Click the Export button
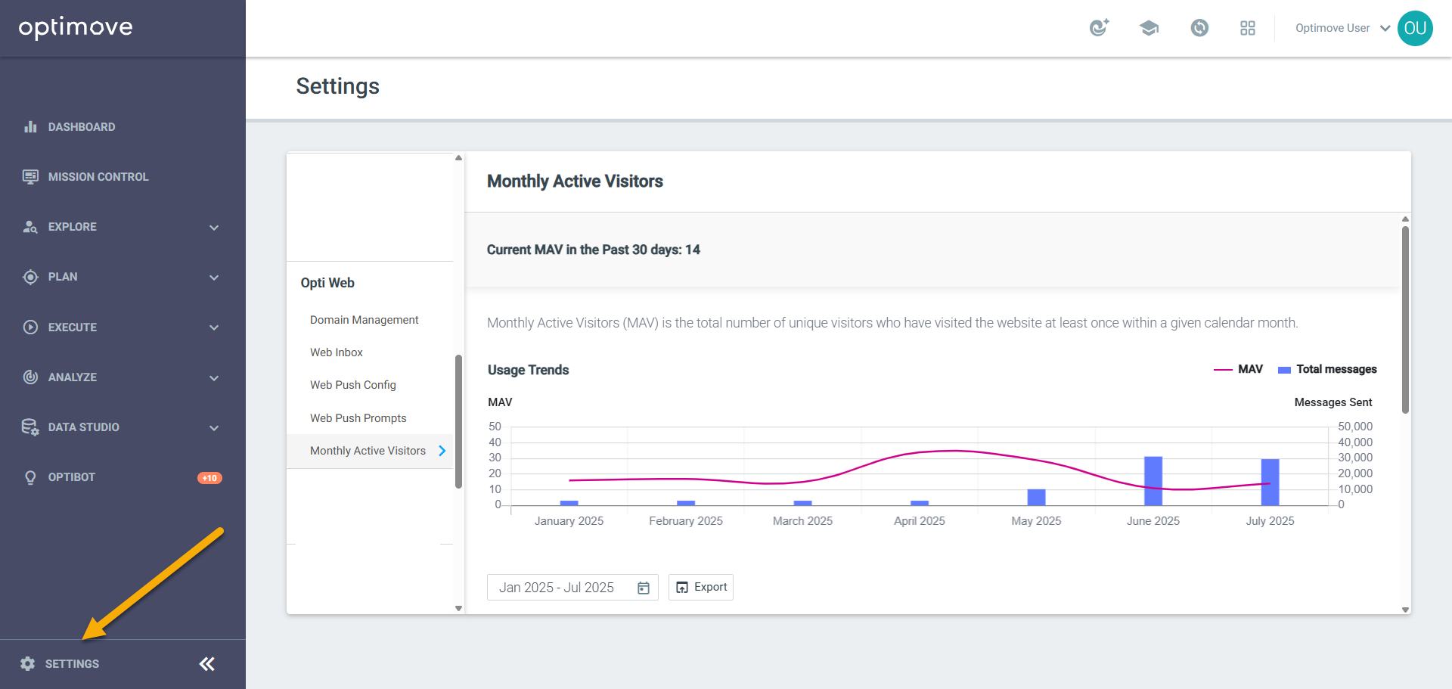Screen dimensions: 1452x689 coord(701,587)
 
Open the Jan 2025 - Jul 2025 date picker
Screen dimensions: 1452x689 coord(572,588)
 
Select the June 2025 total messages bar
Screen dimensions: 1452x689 coord(1153,481)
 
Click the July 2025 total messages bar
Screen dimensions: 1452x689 coord(1270,483)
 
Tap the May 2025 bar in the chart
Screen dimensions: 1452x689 coord(1036,497)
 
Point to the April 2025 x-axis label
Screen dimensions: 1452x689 coord(920,521)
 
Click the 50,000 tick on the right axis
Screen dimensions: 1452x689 coord(1355,427)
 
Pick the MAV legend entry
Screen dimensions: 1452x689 coord(1238,369)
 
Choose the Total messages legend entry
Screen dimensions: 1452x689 coord(1327,369)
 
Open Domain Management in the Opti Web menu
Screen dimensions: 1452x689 coord(364,320)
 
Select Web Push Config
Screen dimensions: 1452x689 coord(352,385)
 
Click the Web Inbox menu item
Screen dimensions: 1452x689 coord(337,352)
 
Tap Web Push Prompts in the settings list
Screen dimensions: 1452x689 coord(358,418)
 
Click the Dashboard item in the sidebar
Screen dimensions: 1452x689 coord(82,127)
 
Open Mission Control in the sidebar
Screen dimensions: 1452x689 coord(98,177)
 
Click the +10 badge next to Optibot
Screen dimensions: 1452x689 coord(209,478)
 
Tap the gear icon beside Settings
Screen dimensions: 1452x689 coord(28,664)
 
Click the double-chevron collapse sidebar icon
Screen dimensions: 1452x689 coord(207,664)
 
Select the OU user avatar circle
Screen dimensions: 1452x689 coord(1415,28)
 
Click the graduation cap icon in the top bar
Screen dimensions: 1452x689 coord(1149,28)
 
